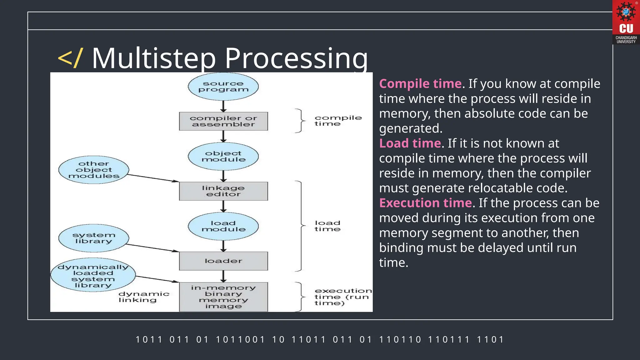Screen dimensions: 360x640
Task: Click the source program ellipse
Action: [x=223, y=87]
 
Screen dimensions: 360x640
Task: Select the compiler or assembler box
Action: [x=223, y=121]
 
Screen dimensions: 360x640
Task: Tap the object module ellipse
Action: [x=223, y=157]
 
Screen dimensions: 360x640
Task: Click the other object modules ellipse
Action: [x=94, y=170]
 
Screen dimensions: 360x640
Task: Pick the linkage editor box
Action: [x=223, y=191]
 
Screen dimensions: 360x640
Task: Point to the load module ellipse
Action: [x=223, y=226]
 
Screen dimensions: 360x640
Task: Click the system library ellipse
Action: [x=94, y=238]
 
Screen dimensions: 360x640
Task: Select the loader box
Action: [x=223, y=261]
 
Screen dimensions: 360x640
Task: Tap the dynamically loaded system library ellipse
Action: [x=93, y=275]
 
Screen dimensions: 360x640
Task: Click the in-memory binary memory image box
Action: [x=223, y=297]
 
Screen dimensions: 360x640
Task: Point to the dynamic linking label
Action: [x=144, y=297]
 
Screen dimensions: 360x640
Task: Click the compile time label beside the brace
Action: [x=338, y=121]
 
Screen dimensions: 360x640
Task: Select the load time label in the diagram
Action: [x=327, y=226]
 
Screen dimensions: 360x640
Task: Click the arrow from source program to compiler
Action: [x=223, y=106]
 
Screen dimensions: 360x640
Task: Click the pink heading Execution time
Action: [x=425, y=203]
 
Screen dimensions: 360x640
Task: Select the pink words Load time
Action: [x=410, y=143]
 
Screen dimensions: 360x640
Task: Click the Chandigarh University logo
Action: [x=626, y=22]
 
